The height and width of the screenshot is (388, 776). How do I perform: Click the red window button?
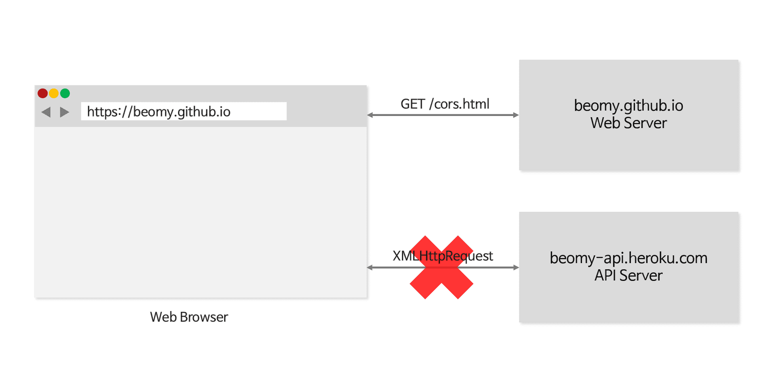point(42,93)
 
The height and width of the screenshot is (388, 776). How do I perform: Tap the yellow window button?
point(54,93)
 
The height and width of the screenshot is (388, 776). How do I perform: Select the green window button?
point(65,93)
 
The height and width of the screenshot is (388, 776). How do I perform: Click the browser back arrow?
point(46,112)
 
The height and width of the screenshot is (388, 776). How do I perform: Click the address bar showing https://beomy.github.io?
point(183,111)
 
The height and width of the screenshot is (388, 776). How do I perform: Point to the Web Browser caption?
point(189,317)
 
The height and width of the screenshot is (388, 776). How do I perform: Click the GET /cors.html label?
point(445,104)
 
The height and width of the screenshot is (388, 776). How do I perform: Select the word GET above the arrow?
point(413,104)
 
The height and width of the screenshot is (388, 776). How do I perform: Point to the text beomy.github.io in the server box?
point(628,106)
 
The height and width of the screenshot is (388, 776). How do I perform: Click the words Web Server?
point(628,123)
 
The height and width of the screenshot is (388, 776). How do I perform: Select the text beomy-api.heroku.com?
point(628,258)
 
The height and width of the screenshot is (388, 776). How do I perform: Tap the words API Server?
point(628,276)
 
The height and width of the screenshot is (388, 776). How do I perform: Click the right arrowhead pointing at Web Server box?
point(516,115)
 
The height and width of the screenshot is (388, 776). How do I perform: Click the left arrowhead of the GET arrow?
point(370,115)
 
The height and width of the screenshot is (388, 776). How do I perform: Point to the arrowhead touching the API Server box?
point(516,268)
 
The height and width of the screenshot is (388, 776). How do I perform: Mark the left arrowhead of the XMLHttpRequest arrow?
point(370,268)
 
